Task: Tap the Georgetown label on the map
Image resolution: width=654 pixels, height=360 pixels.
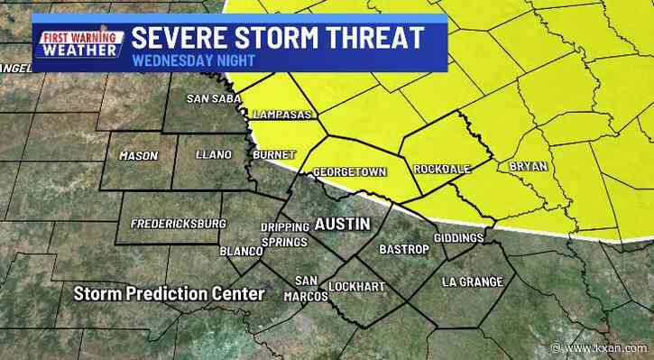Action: pyautogui.click(x=349, y=171)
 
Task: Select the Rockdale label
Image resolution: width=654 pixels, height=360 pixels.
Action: pyautogui.click(x=439, y=169)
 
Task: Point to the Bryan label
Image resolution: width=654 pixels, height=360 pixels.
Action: pyautogui.click(x=528, y=167)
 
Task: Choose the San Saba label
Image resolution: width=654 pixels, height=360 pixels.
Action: pyautogui.click(x=211, y=98)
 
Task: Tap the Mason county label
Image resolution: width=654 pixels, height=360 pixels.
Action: pyautogui.click(x=138, y=156)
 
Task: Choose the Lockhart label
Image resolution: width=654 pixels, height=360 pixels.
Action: pyautogui.click(x=356, y=287)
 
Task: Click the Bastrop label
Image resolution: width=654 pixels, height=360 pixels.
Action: pyautogui.click(x=402, y=248)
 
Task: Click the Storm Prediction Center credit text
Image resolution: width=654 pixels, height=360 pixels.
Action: pyautogui.click(x=169, y=294)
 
